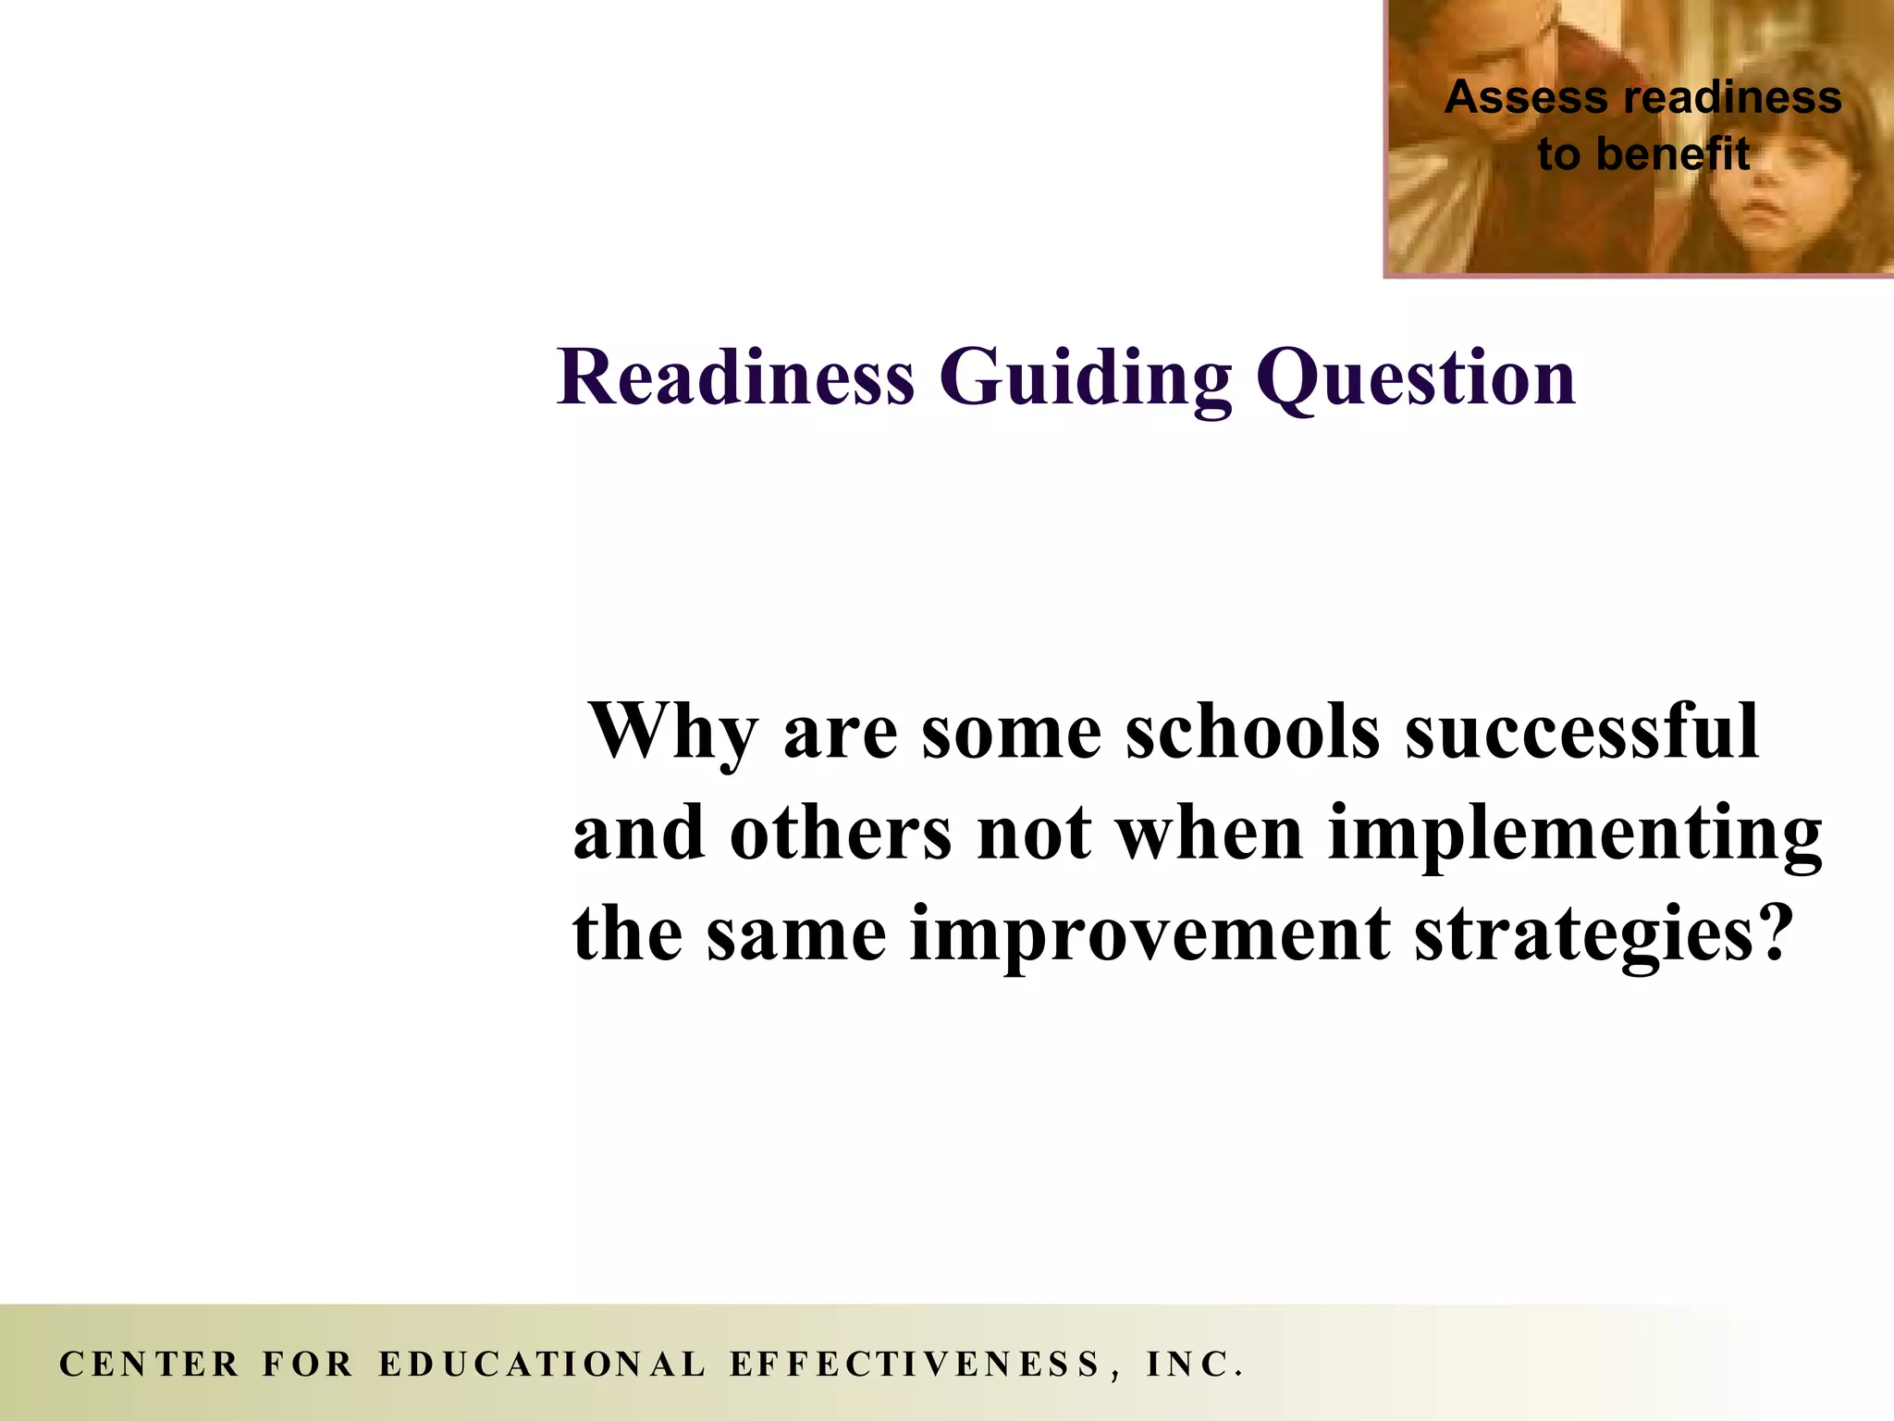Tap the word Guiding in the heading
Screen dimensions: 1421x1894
[x=1086, y=379]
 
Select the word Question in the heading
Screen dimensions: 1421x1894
[x=1415, y=379]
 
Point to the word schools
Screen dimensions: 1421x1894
[x=1253, y=731]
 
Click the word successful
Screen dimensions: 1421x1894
[x=1581, y=731]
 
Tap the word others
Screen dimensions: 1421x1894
[x=841, y=833]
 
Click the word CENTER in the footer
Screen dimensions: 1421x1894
[x=149, y=1365]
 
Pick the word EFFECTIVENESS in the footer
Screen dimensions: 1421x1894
[x=916, y=1365]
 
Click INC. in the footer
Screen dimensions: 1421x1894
[x=1194, y=1365]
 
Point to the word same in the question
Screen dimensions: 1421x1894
[x=795, y=934]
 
